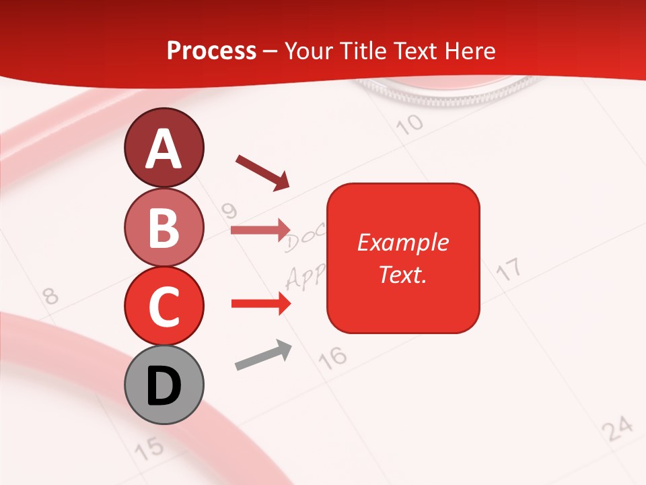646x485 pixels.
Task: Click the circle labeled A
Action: pyautogui.click(x=164, y=148)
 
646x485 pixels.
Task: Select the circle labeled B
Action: pyautogui.click(x=164, y=227)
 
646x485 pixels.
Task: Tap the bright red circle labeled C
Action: pyautogui.click(x=164, y=306)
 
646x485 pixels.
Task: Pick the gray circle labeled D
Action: pyautogui.click(x=164, y=385)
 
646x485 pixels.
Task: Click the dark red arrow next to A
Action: pyautogui.click(x=262, y=172)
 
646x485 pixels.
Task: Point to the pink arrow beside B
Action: pyautogui.click(x=261, y=230)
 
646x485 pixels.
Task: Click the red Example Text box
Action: pyautogui.click(x=403, y=258)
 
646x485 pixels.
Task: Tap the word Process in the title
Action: pyautogui.click(x=211, y=51)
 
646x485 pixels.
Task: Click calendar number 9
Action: pyautogui.click(x=230, y=212)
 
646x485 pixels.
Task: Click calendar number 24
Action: pyautogui.click(x=617, y=428)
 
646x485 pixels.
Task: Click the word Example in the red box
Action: pyautogui.click(x=403, y=243)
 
